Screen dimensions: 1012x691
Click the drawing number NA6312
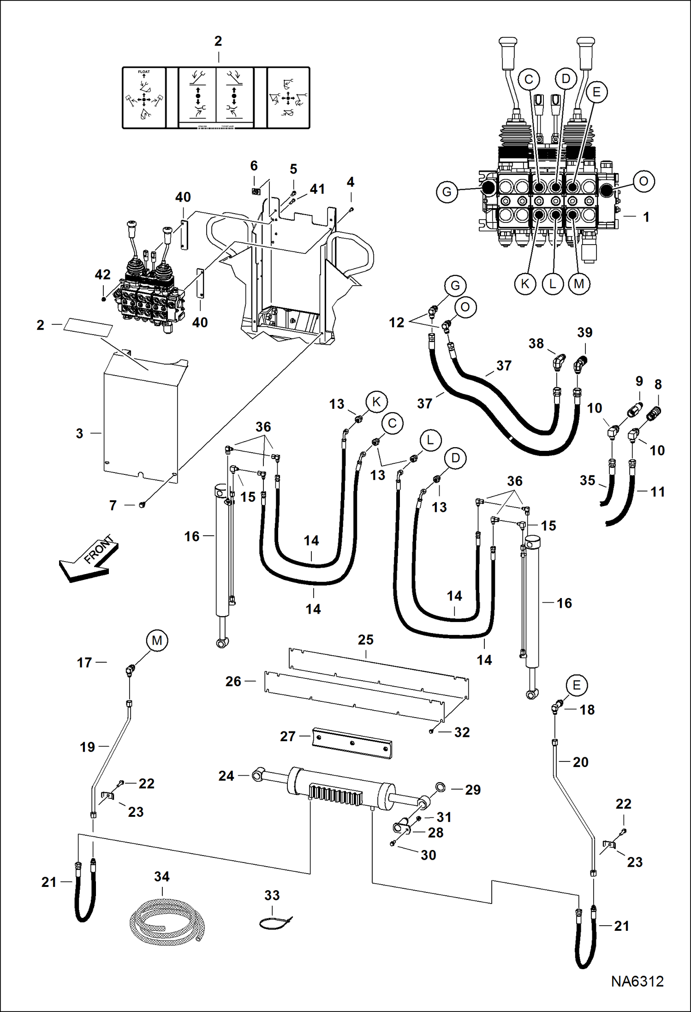coord(637,982)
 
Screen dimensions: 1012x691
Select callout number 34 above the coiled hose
coord(161,877)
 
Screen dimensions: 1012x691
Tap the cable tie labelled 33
coord(275,924)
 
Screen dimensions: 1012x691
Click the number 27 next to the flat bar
coord(287,736)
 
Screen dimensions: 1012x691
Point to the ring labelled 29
coord(441,787)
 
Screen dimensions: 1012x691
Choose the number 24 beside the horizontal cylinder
coord(226,776)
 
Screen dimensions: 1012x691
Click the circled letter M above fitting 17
coord(157,641)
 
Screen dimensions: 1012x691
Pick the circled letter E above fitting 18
coord(577,685)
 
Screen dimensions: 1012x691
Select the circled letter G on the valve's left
coord(447,192)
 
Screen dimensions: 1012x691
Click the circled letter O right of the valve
coord(643,181)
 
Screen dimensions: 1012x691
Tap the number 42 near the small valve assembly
coord(102,275)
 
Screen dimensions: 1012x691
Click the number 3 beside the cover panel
coord(79,433)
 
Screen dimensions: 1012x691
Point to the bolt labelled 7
coord(142,505)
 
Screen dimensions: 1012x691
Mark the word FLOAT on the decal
coord(144,72)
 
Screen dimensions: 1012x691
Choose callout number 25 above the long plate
coord(365,640)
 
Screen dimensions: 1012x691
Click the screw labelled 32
coord(431,731)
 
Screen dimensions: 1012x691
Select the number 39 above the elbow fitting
coord(584,332)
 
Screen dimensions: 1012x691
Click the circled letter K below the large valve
coord(525,283)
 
